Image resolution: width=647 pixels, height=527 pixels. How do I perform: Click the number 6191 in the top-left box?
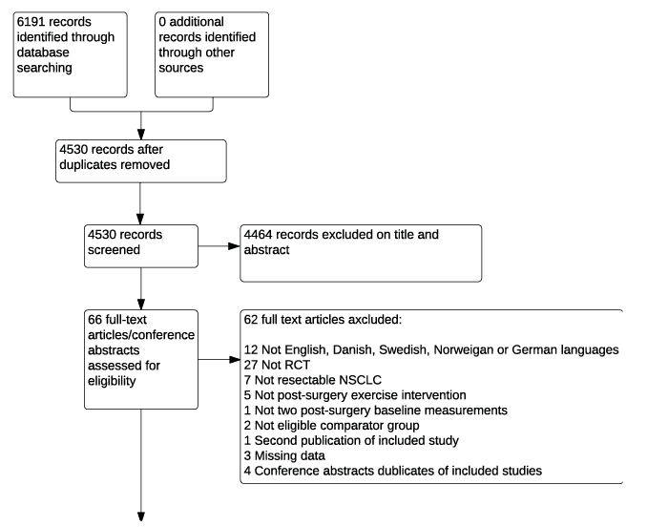(x=31, y=21)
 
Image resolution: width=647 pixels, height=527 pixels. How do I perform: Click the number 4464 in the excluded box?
(x=258, y=235)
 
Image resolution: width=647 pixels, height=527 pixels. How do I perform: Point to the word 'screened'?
(x=114, y=250)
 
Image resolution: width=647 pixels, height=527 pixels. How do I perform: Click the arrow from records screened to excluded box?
(x=219, y=246)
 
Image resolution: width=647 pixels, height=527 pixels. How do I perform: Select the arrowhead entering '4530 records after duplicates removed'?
(x=141, y=134)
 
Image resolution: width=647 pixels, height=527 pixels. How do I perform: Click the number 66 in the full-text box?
(x=94, y=320)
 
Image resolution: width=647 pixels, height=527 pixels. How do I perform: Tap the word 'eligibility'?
(x=112, y=381)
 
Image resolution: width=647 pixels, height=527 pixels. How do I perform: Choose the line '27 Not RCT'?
(x=277, y=365)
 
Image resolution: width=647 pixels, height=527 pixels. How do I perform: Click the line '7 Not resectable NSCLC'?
(x=312, y=380)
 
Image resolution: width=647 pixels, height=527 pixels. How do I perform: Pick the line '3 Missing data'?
(x=284, y=455)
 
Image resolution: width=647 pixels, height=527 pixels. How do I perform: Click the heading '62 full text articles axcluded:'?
(x=323, y=320)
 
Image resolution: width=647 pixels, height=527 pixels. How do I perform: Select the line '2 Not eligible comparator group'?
(x=331, y=426)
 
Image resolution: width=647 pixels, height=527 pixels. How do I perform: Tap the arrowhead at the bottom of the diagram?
(x=141, y=516)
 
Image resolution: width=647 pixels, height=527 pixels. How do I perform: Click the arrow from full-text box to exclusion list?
(x=219, y=360)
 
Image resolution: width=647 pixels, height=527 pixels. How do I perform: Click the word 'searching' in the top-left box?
(x=45, y=68)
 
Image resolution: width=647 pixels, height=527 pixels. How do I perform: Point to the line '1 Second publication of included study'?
(x=351, y=441)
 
